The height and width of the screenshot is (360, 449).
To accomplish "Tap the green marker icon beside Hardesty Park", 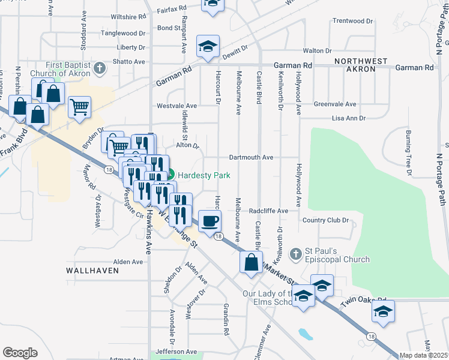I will [170, 175].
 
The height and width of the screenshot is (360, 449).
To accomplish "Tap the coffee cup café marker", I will [209, 221].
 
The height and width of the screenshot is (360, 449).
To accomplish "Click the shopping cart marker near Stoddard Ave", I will [79, 108].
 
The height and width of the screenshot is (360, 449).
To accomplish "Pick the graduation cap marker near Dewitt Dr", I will [208, 46].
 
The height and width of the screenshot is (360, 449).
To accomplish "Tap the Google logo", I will [20, 353].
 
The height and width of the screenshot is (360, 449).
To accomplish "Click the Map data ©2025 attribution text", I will [423, 355].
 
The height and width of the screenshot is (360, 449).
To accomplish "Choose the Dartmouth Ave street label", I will [251, 157].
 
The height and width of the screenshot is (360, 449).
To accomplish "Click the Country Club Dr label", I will [325, 220].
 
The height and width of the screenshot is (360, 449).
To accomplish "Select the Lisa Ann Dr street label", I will [348, 118].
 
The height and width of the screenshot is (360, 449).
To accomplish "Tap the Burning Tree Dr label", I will [409, 153].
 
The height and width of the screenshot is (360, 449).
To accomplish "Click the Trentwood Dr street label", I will [353, 20].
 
